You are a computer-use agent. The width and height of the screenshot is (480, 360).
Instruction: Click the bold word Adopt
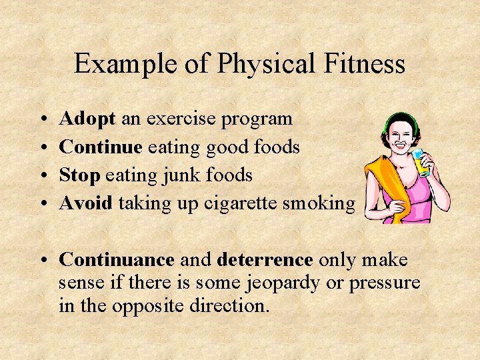pos(87,119)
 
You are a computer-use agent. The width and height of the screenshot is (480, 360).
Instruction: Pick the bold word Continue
pos(101,147)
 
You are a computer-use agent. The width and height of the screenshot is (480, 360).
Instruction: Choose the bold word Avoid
pos(86,203)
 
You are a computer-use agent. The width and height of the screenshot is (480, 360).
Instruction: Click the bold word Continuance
pos(117,259)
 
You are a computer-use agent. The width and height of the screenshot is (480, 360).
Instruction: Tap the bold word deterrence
pos(265,259)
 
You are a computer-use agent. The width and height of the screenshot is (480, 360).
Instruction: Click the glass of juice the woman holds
pos(421,162)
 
